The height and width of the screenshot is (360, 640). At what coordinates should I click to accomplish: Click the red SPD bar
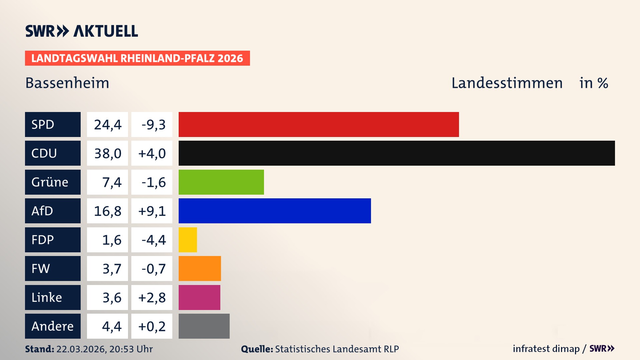click(x=319, y=124)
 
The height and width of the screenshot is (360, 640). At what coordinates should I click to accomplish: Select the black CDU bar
click(x=397, y=153)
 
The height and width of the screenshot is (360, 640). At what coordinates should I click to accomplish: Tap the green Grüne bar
click(x=221, y=182)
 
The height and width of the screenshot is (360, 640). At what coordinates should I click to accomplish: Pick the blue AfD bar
click(x=275, y=211)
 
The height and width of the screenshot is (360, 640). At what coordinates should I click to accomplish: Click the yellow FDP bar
click(x=188, y=240)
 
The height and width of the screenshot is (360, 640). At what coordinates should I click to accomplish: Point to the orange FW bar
click(x=200, y=268)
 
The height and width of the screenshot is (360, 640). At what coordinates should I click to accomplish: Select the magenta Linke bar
click(x=199, y=297)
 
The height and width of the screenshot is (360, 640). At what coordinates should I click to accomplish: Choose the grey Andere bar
click(x=204, y=326)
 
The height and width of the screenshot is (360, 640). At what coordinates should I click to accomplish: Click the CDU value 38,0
click(x=107, y=153)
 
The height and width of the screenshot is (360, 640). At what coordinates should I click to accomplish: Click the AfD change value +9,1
click(x=152, y=211)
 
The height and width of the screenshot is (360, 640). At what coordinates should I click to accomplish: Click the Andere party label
click(x=53, y=326)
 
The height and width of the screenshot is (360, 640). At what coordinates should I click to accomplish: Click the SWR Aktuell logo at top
click(x=82, y=31)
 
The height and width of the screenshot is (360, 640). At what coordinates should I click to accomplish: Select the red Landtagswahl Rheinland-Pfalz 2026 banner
click(x=137, y=58)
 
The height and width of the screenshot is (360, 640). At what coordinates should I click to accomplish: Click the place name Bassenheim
click(x=67, y=83)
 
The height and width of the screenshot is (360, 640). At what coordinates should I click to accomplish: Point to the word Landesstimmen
click(x=507, y=83)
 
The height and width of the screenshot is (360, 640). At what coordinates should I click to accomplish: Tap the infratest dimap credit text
click(x=546, y=349)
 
